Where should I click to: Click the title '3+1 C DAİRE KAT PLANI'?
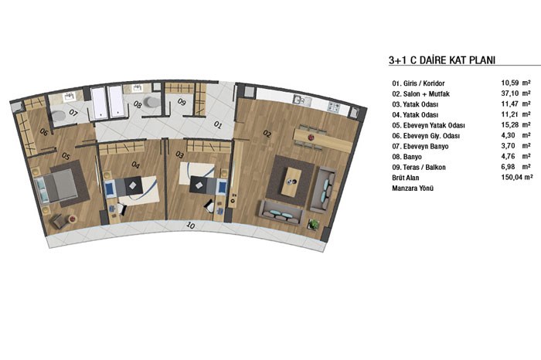coord(442,60)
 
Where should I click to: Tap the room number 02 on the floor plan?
coord(267,134)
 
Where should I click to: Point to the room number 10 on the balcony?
coord(190,226)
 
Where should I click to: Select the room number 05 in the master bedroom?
coord(66,156)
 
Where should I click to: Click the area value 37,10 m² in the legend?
coord(515,93)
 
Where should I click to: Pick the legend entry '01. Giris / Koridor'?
coord(418,83)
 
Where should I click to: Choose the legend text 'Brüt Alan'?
coord(406,178)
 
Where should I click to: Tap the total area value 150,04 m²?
coord(516,177)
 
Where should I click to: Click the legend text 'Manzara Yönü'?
coord(413,188)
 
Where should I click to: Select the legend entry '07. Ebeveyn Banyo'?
coord(420,146)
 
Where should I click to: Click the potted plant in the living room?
coord(314,225)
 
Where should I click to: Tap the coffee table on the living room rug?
coord(291,182)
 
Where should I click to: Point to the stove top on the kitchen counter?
coord(334,107)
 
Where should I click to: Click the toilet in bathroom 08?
coord(151,102)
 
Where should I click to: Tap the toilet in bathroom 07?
coord(58,116)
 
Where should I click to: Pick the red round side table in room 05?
coord(73,219)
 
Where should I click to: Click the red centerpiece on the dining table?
coord(311,138)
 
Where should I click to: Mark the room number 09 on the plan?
coord(182,102)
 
